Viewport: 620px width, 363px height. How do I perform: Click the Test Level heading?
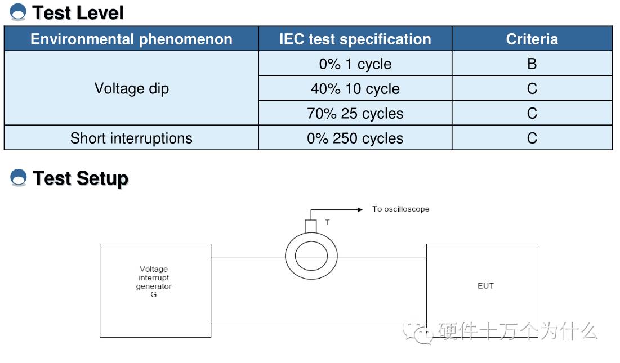[78, 12]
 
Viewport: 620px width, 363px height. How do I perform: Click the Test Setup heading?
[81, 178]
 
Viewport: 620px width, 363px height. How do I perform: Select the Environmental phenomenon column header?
[131, 39]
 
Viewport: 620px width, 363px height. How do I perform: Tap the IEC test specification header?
[355, 39]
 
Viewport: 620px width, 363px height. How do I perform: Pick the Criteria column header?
[532, 39]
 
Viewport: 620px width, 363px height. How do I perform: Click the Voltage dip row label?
[131, 88]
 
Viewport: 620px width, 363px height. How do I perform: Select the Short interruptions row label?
[131, 138]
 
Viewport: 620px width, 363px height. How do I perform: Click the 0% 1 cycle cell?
[355, 64]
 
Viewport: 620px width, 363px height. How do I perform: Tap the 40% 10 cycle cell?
[355, 88]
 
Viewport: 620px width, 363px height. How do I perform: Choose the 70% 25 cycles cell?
[355, 113]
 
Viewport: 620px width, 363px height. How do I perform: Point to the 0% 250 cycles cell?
[355, 138]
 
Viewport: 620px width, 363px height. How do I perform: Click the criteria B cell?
[532, 64]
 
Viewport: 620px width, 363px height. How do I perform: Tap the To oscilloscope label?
[400, 209]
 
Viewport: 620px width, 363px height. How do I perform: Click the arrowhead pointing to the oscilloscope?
[360, 209]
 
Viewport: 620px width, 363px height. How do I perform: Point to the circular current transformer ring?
[311, 257]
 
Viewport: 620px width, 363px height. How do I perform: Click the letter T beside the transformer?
[327, 222]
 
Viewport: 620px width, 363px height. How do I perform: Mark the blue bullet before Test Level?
[19, 12]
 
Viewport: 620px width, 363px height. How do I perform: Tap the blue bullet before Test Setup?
[19, 178]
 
